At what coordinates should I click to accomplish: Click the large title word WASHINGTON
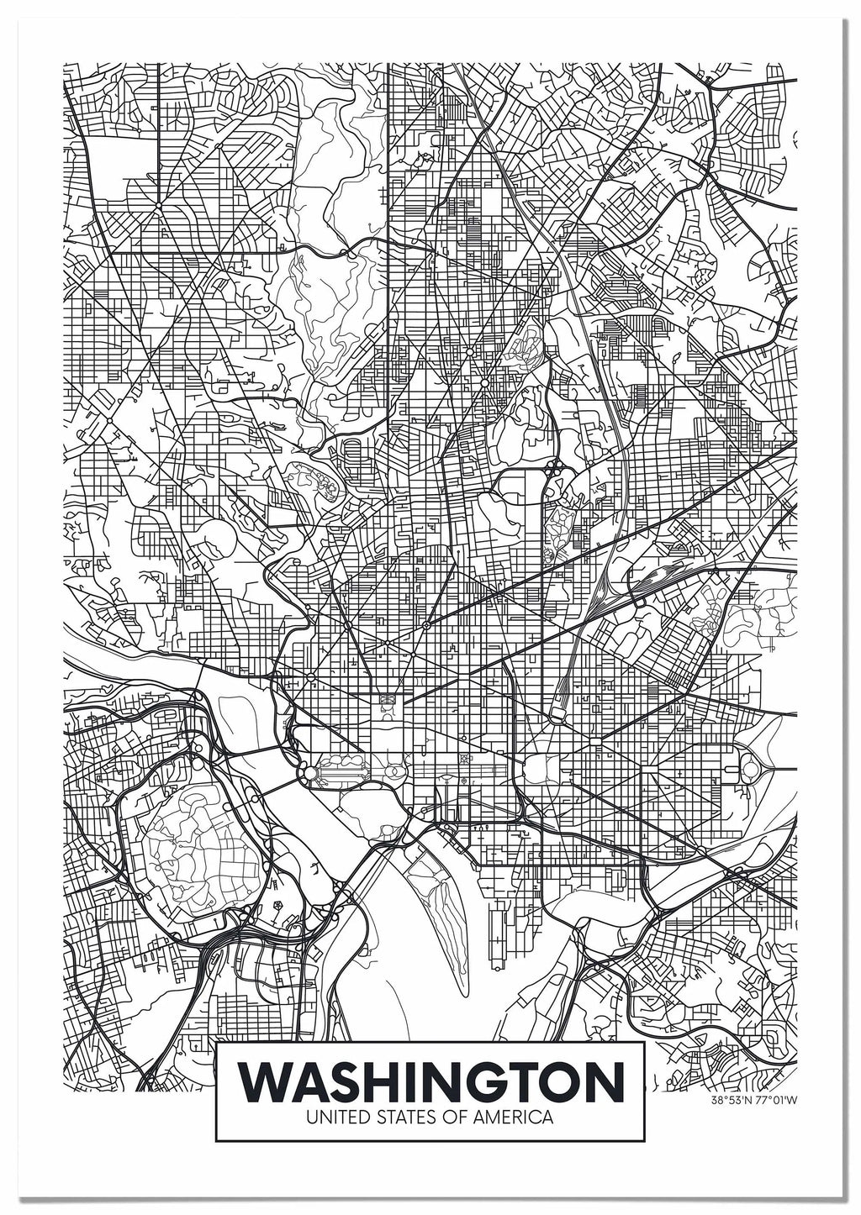tap(430, 1084)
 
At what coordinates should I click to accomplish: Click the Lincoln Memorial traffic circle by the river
tap(308, 772)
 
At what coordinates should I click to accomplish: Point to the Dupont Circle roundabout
tap(346, 626)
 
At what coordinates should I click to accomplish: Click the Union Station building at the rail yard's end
tap(557, 711)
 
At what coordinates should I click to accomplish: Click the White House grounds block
tap(388, 702)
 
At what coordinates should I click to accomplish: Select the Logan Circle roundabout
tap(426, 626)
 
